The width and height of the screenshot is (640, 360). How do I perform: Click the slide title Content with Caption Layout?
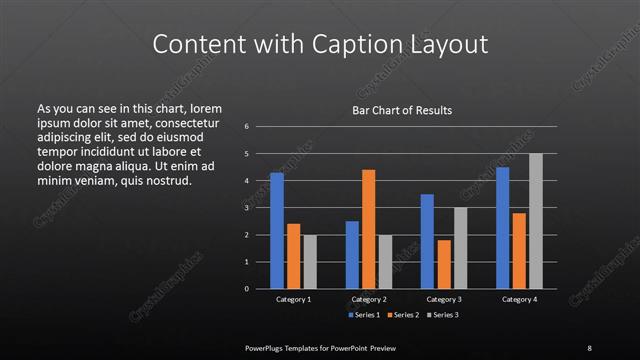(x=320, y=44)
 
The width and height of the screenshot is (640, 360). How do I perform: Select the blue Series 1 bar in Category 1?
(x=277, y=230)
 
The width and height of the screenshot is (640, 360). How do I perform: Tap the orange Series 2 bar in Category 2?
(x=369, y=229)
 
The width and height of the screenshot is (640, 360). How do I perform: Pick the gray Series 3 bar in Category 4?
(x=535, y=221)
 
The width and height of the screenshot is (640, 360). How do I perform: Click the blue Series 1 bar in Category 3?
(x=427, y=241)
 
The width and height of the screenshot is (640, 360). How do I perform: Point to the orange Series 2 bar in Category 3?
(x=444, y=264)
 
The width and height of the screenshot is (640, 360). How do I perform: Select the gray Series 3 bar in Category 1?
(x=310, y=261)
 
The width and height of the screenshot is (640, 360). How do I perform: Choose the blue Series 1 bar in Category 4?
(x=502, y=227)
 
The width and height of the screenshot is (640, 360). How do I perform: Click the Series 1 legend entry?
(x=364, y=315)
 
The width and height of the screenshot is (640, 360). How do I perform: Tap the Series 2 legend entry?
(x=405, y=315)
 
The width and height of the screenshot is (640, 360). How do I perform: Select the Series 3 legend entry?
(x=445, y=315)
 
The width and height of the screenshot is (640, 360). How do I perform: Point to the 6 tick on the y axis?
(x=246, y=126)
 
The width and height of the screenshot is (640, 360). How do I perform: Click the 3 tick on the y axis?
(x=246, y=208)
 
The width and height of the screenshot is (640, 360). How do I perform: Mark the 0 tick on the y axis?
(x=246, y=289)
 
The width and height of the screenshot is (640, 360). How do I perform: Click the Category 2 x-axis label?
(x=369, y=299)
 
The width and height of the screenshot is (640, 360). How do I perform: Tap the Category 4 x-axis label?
(x=518, y=299)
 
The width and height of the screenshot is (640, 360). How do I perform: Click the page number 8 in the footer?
(x=589, y=347)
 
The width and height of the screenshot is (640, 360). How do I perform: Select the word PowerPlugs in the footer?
(x=268, y=347)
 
